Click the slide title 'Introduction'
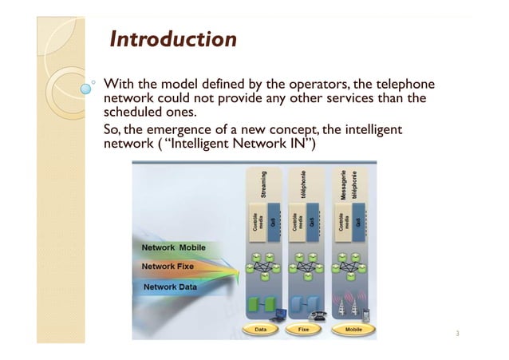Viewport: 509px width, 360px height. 172,39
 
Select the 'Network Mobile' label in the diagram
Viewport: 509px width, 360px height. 174,247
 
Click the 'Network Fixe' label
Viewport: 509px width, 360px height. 170,267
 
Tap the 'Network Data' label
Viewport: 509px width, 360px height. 171,286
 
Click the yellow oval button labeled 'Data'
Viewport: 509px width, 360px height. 262,328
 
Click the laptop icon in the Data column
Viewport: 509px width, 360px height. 278,317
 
